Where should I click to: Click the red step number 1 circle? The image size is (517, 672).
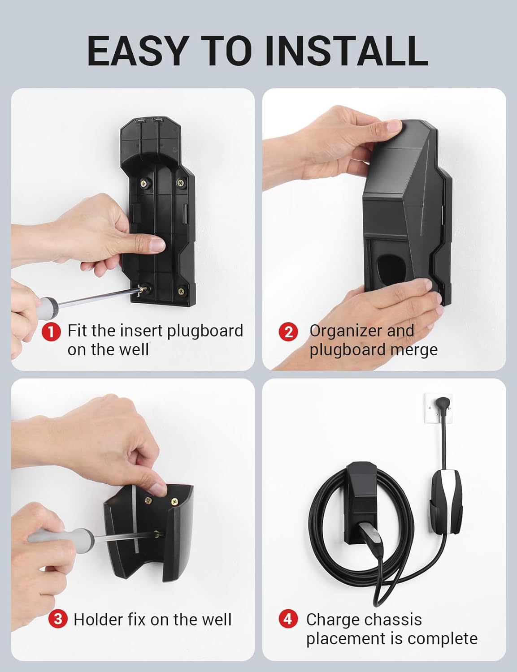tap(51, 332)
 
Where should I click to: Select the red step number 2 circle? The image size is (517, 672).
tap(288, 332)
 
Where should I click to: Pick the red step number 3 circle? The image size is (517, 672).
tap(58, 620)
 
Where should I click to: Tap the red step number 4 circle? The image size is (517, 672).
tap(288, 619)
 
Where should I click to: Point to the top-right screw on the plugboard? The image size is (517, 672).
tap(180, 182)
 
